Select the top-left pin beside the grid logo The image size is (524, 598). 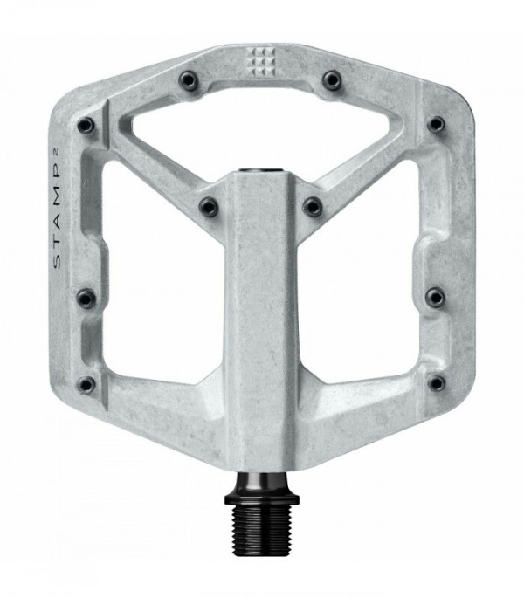click(189, 79)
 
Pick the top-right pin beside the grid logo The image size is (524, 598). click(331, 79)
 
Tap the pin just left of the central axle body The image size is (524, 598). click(209, 207)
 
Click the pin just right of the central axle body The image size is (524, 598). click(312, 206)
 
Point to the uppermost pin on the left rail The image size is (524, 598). click(86, 125)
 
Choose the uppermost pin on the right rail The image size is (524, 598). click(436, 123)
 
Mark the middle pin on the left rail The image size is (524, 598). click(86, 298)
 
